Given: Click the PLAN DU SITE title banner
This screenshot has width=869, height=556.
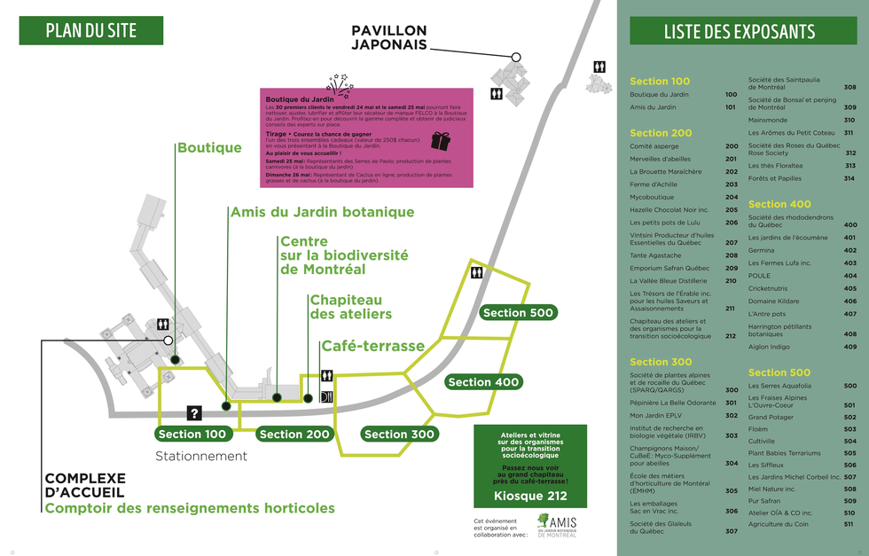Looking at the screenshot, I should coord(91,30).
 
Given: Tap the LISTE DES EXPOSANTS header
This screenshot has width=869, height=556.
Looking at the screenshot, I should coord(739,31).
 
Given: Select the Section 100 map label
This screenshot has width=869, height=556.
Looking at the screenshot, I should coord(192,434).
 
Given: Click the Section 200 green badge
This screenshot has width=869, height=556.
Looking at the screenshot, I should coord(294,434).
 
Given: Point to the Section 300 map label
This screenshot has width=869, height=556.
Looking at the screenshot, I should coord(399,434).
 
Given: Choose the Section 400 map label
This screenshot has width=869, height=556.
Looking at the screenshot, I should coord(483,382).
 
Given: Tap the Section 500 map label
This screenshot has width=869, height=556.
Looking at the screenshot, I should coord(518,312).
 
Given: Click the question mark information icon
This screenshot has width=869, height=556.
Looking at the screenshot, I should coord(194,412).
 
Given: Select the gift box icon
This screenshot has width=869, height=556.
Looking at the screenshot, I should coord(441,141).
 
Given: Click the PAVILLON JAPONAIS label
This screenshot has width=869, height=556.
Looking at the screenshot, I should coord(389,37).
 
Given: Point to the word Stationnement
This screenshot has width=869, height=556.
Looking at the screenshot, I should coord(201,456).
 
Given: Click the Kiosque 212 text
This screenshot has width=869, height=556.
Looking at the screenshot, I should coord(529,495).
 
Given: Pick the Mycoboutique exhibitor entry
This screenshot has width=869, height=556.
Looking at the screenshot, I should coord(652,197).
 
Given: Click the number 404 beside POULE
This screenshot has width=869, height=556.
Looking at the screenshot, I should coord(849,276).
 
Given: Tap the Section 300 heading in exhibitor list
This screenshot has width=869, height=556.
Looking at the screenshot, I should coord(661,362).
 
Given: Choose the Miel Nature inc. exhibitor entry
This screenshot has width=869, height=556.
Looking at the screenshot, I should coord(771,489).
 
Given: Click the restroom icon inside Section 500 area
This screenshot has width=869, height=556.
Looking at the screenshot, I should coord(477,274).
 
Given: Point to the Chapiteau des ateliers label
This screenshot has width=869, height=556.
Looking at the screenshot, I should coord(350,307).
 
